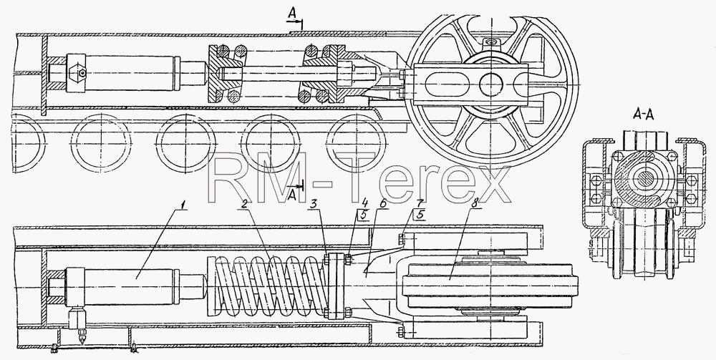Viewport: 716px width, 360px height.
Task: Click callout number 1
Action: [183, 204]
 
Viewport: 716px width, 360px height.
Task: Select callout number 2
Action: [244, 204]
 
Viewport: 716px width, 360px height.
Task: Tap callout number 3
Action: [314, 204]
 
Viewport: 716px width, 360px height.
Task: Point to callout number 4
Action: [364, 202]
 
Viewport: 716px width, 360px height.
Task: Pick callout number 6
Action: [384, 204]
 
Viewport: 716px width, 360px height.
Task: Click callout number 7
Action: [420, 202]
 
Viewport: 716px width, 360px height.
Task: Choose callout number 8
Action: [475, 204]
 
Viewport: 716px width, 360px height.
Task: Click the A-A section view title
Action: [643, 115]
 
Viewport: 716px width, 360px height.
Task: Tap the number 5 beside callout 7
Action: [419, 215]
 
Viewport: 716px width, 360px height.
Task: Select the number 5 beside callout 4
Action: [364, 215]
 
